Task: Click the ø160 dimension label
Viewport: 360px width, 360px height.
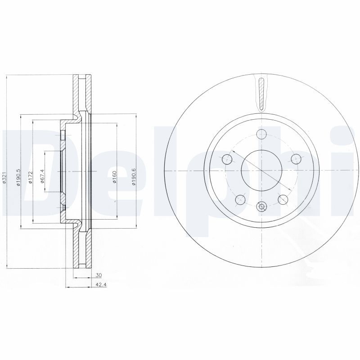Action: [x=114, y=176]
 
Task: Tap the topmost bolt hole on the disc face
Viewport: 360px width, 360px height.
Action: [x=261, y=133]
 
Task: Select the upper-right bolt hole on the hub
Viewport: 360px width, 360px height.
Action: [x=295, y=158]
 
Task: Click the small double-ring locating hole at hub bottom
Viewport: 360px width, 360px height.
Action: [x=261, y=206]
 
